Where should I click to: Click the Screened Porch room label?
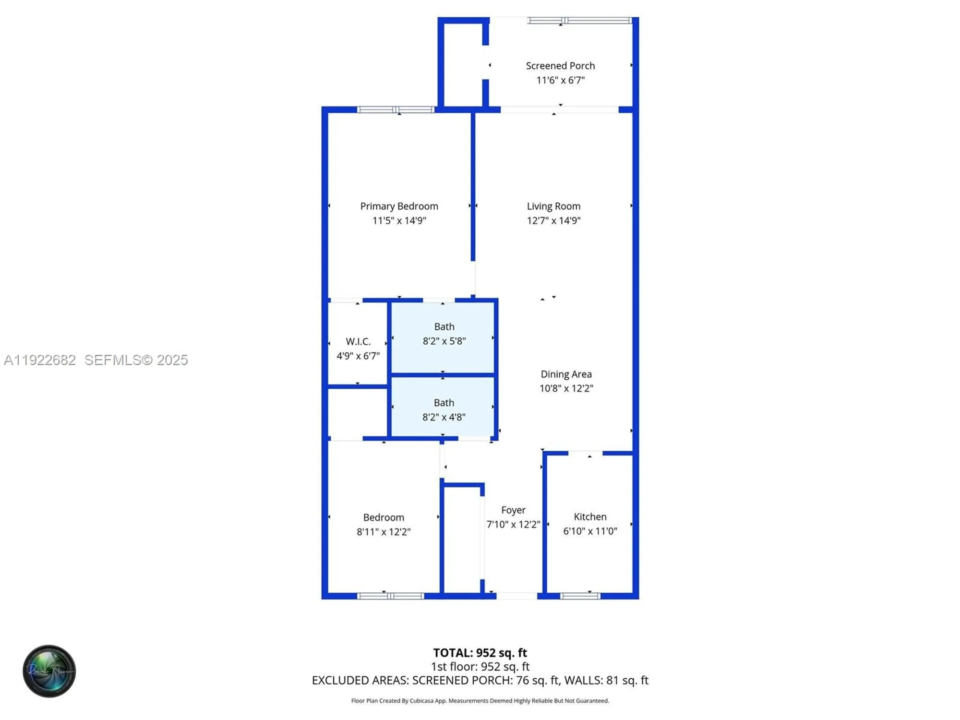(560, 66)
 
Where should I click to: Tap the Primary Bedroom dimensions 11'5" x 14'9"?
(399, 221)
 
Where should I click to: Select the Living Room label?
(553, 206)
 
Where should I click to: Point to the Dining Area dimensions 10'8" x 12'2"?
(566, 388)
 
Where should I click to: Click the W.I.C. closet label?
(358, 341)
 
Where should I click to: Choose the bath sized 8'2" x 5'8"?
(444, 334)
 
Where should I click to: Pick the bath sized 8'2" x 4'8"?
(444, 410)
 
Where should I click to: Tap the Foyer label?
(513, 510)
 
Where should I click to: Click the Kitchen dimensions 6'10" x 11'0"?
(590, 531)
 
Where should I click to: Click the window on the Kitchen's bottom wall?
(580, 596)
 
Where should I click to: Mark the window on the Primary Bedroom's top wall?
(396, 110)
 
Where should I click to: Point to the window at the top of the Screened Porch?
(579, 21)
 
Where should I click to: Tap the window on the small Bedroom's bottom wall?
(391, 596)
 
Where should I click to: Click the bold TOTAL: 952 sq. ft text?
(480, 653)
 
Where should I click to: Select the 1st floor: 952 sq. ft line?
(480, 667)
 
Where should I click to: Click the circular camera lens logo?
(49, 671)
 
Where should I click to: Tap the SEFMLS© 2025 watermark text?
(136, 360)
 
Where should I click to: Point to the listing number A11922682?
(40, 360)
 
